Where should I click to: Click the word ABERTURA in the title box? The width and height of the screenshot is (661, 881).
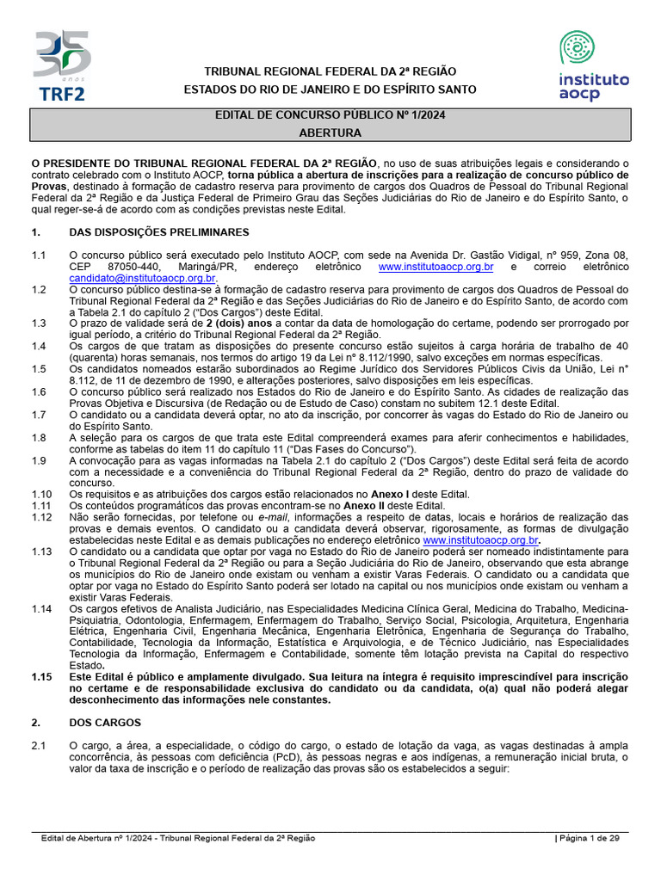coord(330,132)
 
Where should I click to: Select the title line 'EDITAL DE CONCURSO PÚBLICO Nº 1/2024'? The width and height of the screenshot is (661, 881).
coord(330,115)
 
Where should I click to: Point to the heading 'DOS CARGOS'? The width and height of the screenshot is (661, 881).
coord(105,722)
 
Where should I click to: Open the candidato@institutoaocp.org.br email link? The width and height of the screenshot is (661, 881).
coord(143,279)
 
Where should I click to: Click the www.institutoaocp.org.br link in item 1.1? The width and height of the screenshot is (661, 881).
coord(436,268)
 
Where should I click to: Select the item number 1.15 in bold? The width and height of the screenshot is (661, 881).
coord(41,676)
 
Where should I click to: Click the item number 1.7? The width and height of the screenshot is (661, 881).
coord(39,415)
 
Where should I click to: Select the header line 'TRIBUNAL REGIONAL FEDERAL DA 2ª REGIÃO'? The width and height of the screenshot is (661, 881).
coord(330,71)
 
